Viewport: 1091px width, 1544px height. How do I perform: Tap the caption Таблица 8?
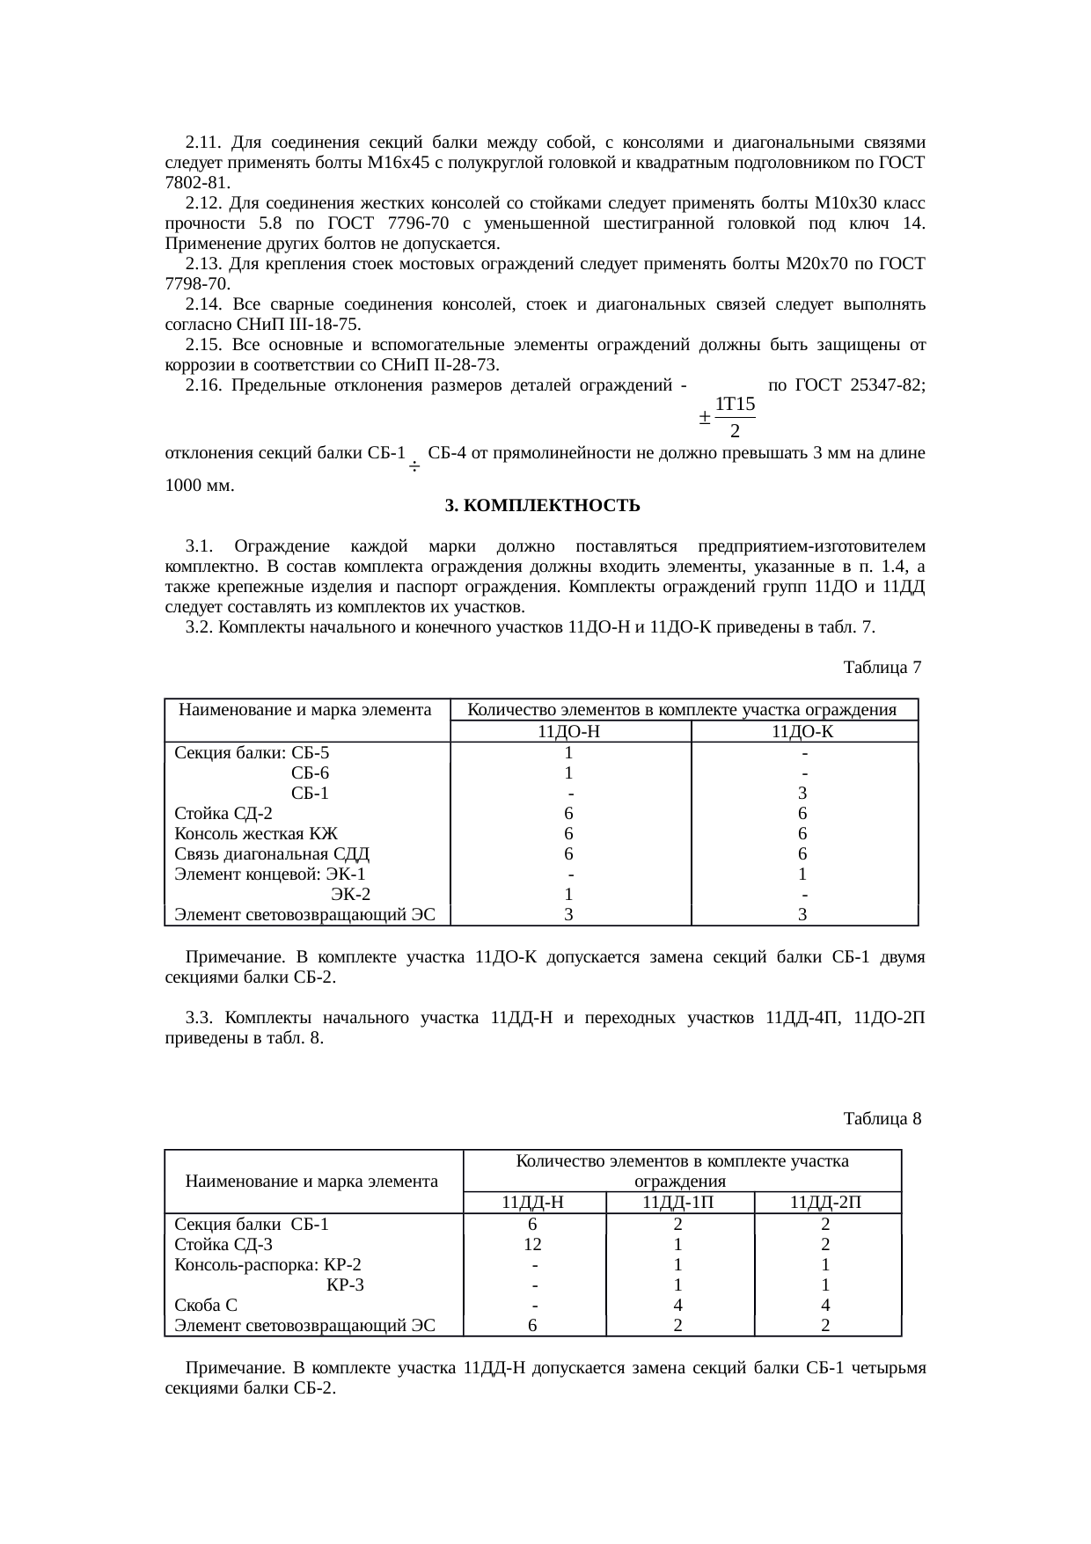pos(882,1119)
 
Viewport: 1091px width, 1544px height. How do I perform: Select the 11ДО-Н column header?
pos(569,731)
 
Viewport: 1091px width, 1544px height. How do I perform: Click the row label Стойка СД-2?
pos(223,813)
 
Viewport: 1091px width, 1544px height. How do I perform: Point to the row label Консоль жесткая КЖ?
pos(256,833)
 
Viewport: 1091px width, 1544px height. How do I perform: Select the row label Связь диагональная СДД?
pos(272,853)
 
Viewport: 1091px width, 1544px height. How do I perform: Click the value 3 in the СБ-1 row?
pos(802,793)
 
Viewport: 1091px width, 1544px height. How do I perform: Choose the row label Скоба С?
pos(206,1305)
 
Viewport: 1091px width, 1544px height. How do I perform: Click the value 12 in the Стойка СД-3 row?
pos(532,1244)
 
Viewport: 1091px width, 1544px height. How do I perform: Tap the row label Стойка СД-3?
pos(223,1244)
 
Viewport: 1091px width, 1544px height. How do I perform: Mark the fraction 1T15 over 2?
pos(735,417)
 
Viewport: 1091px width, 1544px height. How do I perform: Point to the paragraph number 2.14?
pos(202,304)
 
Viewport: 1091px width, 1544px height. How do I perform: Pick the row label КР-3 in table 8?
pos(345,1284)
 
